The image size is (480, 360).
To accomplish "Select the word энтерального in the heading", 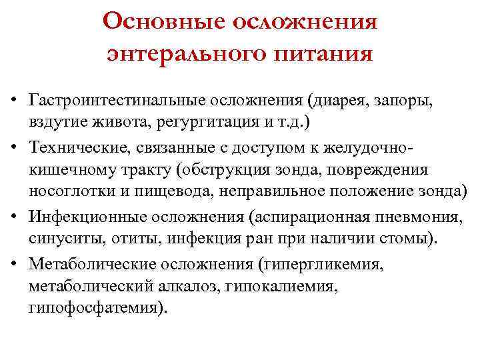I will [x=179, y=51].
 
